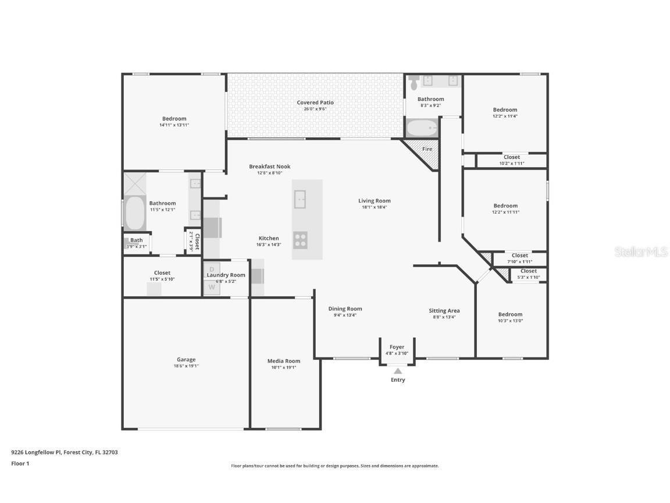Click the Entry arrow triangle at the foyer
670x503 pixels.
398,371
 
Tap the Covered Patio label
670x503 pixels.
315,102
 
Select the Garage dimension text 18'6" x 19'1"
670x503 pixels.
186,366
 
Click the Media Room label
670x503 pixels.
284,361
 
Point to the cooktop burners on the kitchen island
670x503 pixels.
300,240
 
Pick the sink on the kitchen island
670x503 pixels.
300,199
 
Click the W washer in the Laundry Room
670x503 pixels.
212,288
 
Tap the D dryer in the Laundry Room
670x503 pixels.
212,270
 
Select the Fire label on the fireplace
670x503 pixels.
427,149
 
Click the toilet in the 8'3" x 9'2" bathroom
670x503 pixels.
413,83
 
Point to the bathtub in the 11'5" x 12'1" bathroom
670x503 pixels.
134,213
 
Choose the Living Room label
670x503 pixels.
375,201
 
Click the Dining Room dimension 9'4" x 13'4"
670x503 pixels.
345,315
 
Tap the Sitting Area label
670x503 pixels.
444,310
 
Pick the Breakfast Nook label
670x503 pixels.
270,167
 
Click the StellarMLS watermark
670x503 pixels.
641,252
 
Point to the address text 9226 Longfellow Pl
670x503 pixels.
36,452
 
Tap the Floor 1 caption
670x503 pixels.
20,463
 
